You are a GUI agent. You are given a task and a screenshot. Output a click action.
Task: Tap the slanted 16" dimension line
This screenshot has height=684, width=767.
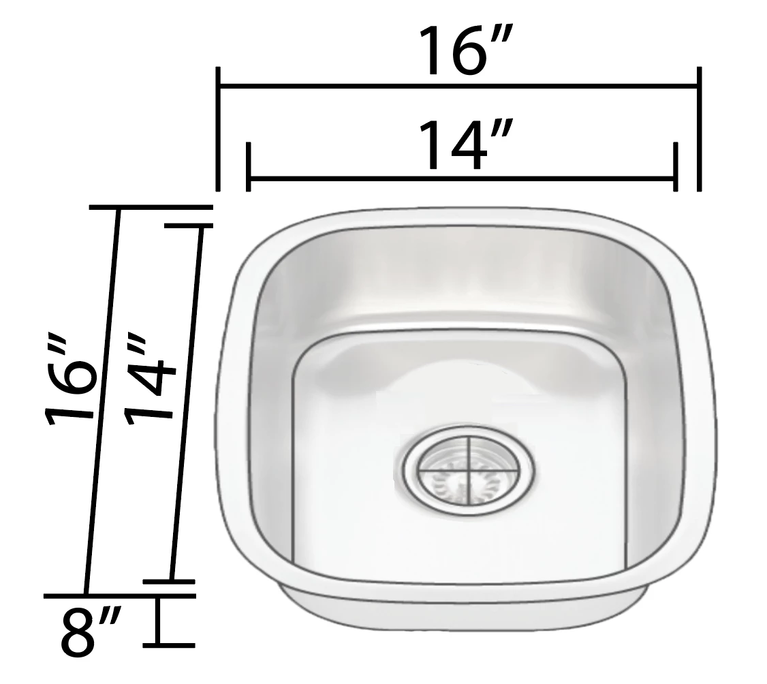pyautogui.click(x=102, y=402)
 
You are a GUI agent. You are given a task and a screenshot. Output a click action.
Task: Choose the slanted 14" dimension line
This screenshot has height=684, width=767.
pyautogui.click(x=185, y=402)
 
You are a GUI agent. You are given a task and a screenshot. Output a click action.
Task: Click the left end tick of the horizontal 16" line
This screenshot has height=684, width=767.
pyautogui.click(x=218, y=129)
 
